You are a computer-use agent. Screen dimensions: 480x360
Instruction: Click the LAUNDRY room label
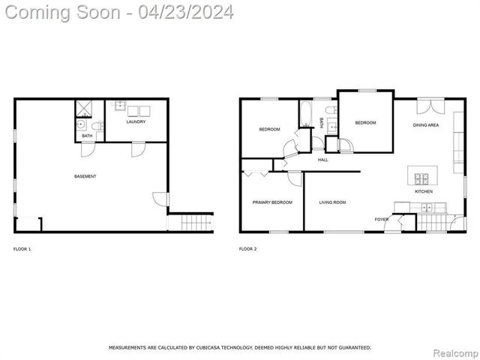(x=136, y=121)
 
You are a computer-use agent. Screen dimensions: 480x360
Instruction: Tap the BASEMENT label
(x=85, y=176)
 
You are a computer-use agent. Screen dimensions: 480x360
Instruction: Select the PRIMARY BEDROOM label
(x=272, y=202)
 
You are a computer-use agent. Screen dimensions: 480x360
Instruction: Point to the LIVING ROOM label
(x=332, y=202)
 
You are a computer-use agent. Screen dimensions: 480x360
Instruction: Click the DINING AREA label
(x=426, y=125)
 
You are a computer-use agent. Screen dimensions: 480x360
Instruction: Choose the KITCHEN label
(x=424, y=191)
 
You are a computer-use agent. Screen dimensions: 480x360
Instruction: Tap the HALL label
(x=322, y=160)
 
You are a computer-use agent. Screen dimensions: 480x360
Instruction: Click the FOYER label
(x=382, y=220)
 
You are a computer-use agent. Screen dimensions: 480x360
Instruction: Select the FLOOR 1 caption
(x=22, y=249)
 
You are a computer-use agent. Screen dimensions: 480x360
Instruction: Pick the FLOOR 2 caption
(x=248, y=249)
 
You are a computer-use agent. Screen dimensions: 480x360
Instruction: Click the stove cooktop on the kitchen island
(x=421, y=178)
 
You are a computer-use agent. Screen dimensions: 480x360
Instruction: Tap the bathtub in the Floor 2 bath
(x=306, y=113)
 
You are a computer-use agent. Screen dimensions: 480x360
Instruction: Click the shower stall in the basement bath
(x=83, y=108)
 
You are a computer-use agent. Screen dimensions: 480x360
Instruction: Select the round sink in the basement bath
(x=81, y=124)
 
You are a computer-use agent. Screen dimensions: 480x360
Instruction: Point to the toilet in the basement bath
(x=98, y=125)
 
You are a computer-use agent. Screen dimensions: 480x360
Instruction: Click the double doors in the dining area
(x=430, y=106)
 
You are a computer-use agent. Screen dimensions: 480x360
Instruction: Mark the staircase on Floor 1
(x=196, y=223)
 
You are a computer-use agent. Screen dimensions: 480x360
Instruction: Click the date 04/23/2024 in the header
(x=186, y=13)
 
